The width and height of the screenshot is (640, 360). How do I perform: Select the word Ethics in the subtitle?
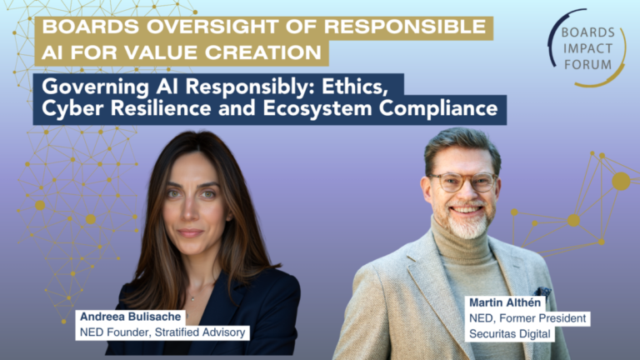(x=355, y=87)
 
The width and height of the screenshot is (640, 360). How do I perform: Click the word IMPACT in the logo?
(x=587, y=48)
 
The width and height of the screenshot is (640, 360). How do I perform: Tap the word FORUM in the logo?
(x=587, y=64)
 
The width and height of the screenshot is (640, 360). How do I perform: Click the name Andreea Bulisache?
(x=130, y=317)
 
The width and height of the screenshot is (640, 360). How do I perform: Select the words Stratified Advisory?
(x=200, y=332)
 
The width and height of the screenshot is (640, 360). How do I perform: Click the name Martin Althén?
(x=505, y=302)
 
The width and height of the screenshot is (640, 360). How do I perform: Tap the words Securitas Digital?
(x=510, y=334)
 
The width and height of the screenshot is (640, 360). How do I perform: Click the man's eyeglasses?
(x=463, y=182)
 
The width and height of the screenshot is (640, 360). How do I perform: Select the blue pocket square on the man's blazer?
(x=542, y=292)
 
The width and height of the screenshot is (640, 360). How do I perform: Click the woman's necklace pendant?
(x=192, y=299)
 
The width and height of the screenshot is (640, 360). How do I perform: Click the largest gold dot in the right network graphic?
(x=621, y=181)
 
